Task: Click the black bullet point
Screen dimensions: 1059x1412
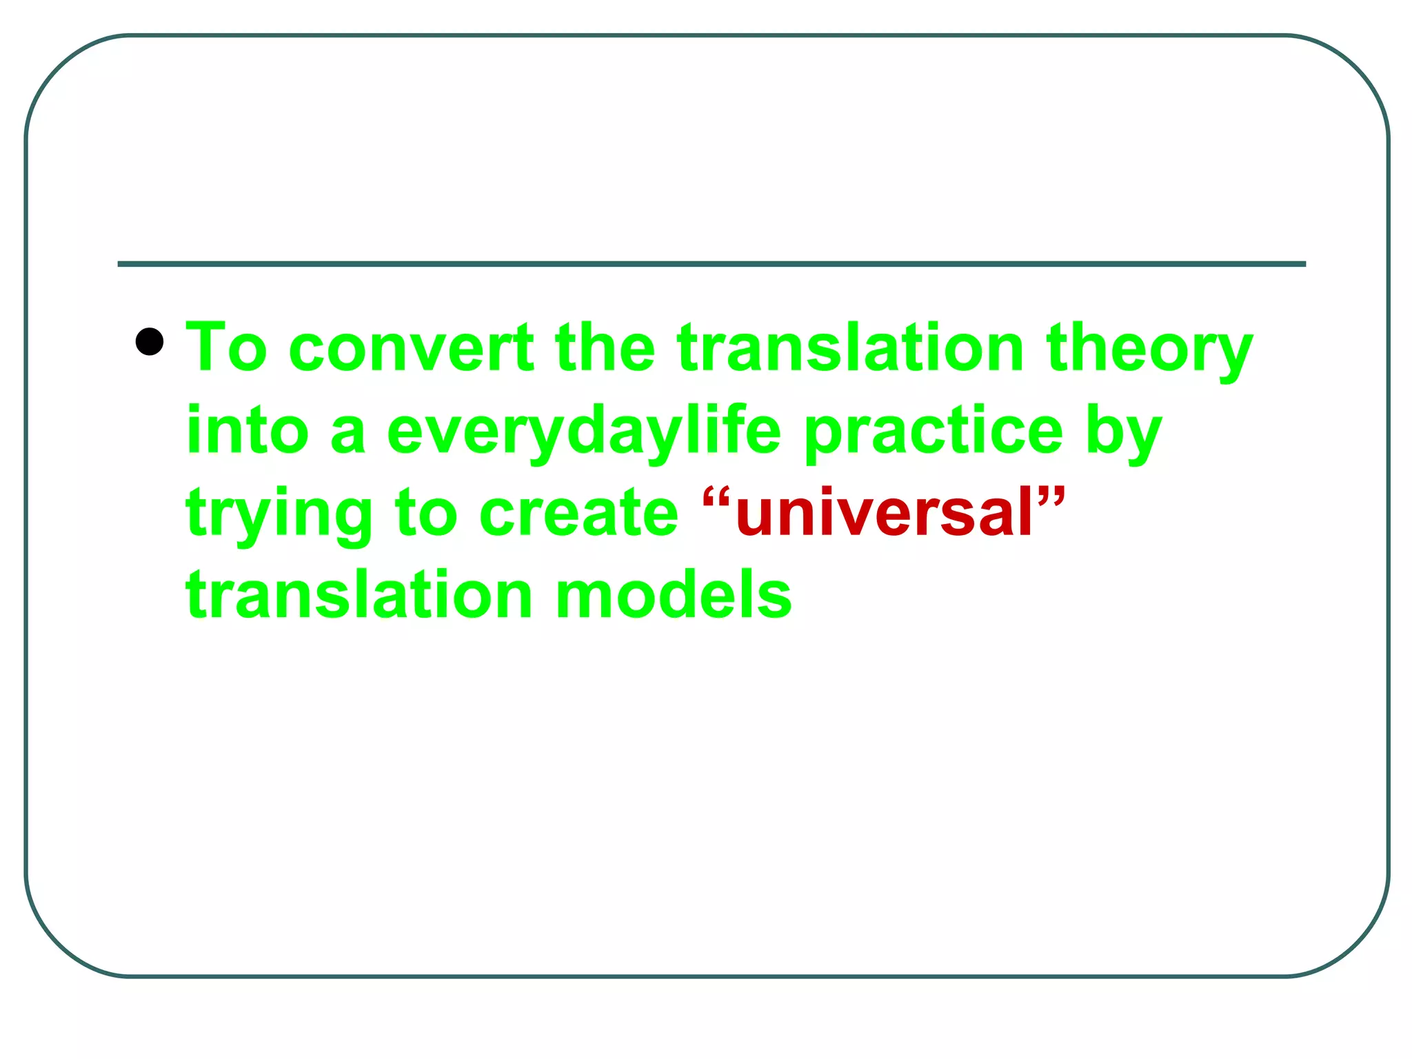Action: pyautogui.click(x=150, y=341)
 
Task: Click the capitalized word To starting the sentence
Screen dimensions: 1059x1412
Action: pyautogui.click(x=227, y=347)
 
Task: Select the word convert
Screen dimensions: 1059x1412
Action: pyautogui.click(x=412, y=347)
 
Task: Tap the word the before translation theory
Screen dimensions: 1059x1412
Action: pyautogui.click(x=605, y=347)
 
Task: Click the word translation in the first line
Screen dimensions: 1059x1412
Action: pyautogui.click(x=850, y=347)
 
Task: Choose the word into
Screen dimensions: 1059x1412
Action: pyautogui.click(x=247, y=430)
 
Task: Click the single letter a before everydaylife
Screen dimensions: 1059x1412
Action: pyautogui.click(x=347, y=433)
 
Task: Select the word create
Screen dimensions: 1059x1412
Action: pyautogui.click(x=578, y=513)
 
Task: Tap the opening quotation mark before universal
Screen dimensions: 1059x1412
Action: pyautogui.click(x=717, y=496)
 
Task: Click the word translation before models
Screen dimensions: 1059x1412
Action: pyautogui.click(x=359, y=594)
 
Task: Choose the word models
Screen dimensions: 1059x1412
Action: pyautogui.click(x=674, y=594)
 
